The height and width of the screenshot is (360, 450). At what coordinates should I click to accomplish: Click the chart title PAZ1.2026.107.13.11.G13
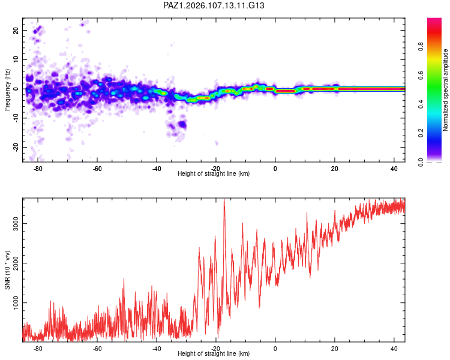(214, 5)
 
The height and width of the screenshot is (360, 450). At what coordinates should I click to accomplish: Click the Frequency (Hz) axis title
(7, 90)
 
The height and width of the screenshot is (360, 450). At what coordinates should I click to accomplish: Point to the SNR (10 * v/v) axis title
(7, 270)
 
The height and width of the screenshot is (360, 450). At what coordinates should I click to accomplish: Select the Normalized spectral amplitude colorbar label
(445, 90)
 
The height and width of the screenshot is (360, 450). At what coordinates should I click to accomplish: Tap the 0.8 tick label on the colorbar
(421, 46)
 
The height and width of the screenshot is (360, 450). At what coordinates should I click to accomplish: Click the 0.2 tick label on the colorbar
(421, 133)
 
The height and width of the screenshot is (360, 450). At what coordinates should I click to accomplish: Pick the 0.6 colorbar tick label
(421, 75)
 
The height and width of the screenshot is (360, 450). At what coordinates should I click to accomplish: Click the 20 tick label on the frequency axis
(16, 30)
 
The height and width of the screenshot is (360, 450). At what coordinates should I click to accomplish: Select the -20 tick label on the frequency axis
(16, 147)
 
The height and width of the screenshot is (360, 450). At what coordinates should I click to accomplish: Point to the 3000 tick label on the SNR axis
(16, 223)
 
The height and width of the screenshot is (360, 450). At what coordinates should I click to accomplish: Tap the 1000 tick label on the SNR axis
(16, 302)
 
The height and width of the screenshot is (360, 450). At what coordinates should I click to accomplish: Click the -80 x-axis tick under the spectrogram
(38, 169)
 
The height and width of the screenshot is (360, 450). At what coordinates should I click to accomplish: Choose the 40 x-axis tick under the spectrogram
(394, 169)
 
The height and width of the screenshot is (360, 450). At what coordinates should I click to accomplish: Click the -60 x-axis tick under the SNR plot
(97, 349)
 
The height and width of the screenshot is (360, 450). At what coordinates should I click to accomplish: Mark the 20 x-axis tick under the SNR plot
(335, 349)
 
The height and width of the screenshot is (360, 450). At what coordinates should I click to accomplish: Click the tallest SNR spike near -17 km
(224, 200)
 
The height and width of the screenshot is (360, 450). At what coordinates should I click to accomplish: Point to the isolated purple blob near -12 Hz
(182, 125)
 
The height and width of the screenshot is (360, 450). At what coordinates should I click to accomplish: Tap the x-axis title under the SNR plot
(214, 353)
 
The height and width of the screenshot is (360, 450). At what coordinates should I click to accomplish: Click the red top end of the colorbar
(434, 19)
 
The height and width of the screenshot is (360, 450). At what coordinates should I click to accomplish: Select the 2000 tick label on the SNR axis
(16, 263)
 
